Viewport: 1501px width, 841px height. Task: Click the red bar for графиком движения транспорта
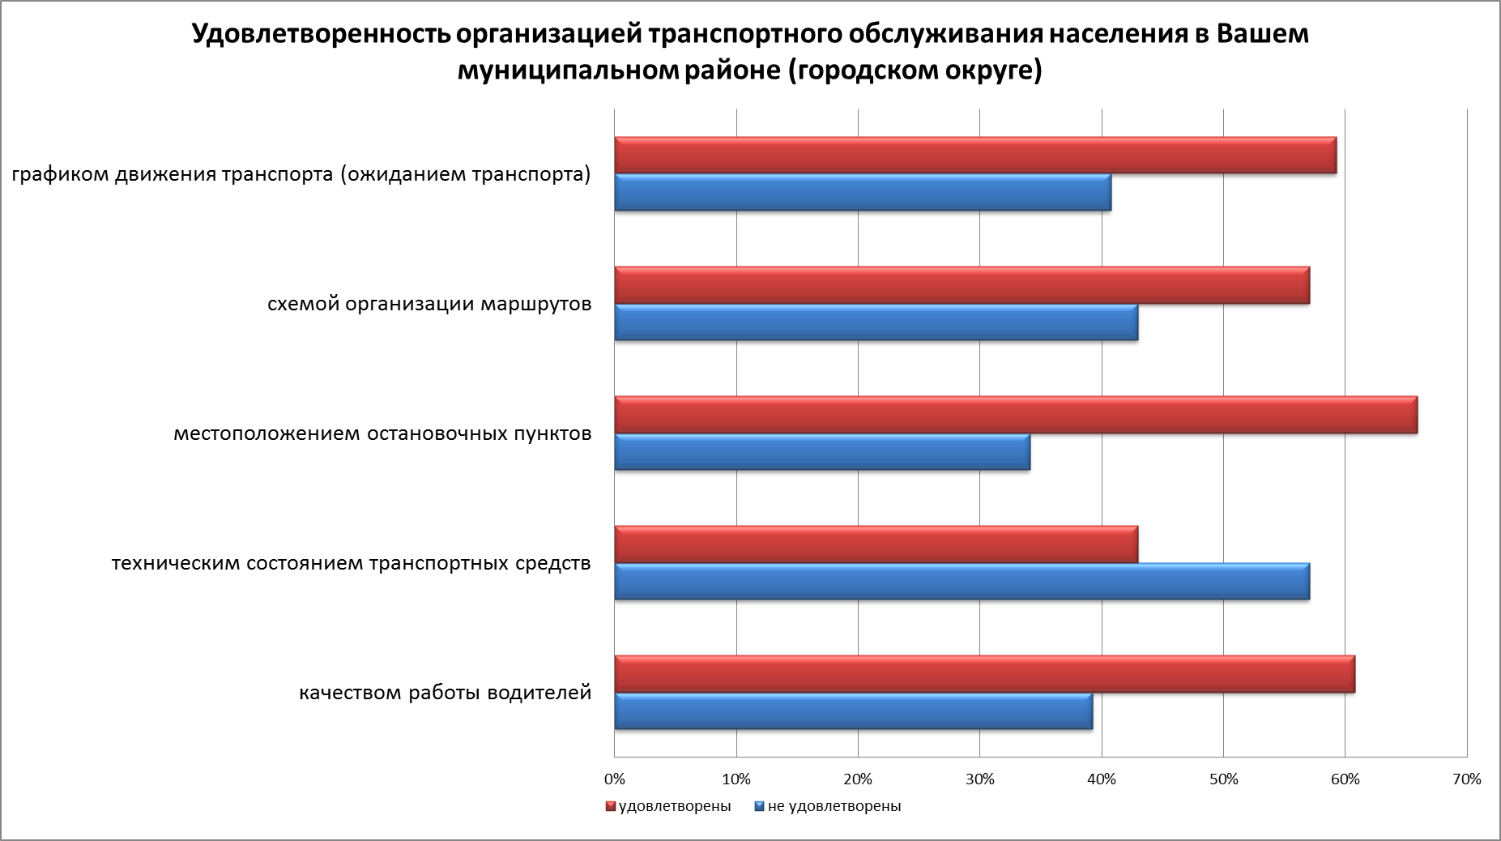tap(975, 156)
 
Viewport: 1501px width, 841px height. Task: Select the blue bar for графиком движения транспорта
tap(863, 193)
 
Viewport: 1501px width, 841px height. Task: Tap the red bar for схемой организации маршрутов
tap(962, 285)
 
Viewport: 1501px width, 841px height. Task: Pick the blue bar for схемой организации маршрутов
tap(876, 322)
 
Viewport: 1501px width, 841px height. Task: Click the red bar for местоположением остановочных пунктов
tap(1016, 415)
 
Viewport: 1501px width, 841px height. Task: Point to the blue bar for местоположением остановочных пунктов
tap(822, 452)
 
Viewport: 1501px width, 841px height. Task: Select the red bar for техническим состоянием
tap(876, 544)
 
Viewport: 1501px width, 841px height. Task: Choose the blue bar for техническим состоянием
tap(962, 582)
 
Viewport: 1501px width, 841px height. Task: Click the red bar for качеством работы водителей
tap(984, 674)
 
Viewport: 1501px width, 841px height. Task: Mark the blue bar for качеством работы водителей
tap(853, 711)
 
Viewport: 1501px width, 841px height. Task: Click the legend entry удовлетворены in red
tap(673, 806)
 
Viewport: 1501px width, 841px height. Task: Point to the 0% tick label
tap(615, 779)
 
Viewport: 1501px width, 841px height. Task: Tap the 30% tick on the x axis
tap(980, 779)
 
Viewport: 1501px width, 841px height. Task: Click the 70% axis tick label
tap(1467, 779)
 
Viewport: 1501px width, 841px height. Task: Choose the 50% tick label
tap(1223, 779)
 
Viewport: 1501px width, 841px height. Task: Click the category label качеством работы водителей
tap(445, 694)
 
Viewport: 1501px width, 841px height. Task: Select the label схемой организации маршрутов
tap(429, 305)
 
